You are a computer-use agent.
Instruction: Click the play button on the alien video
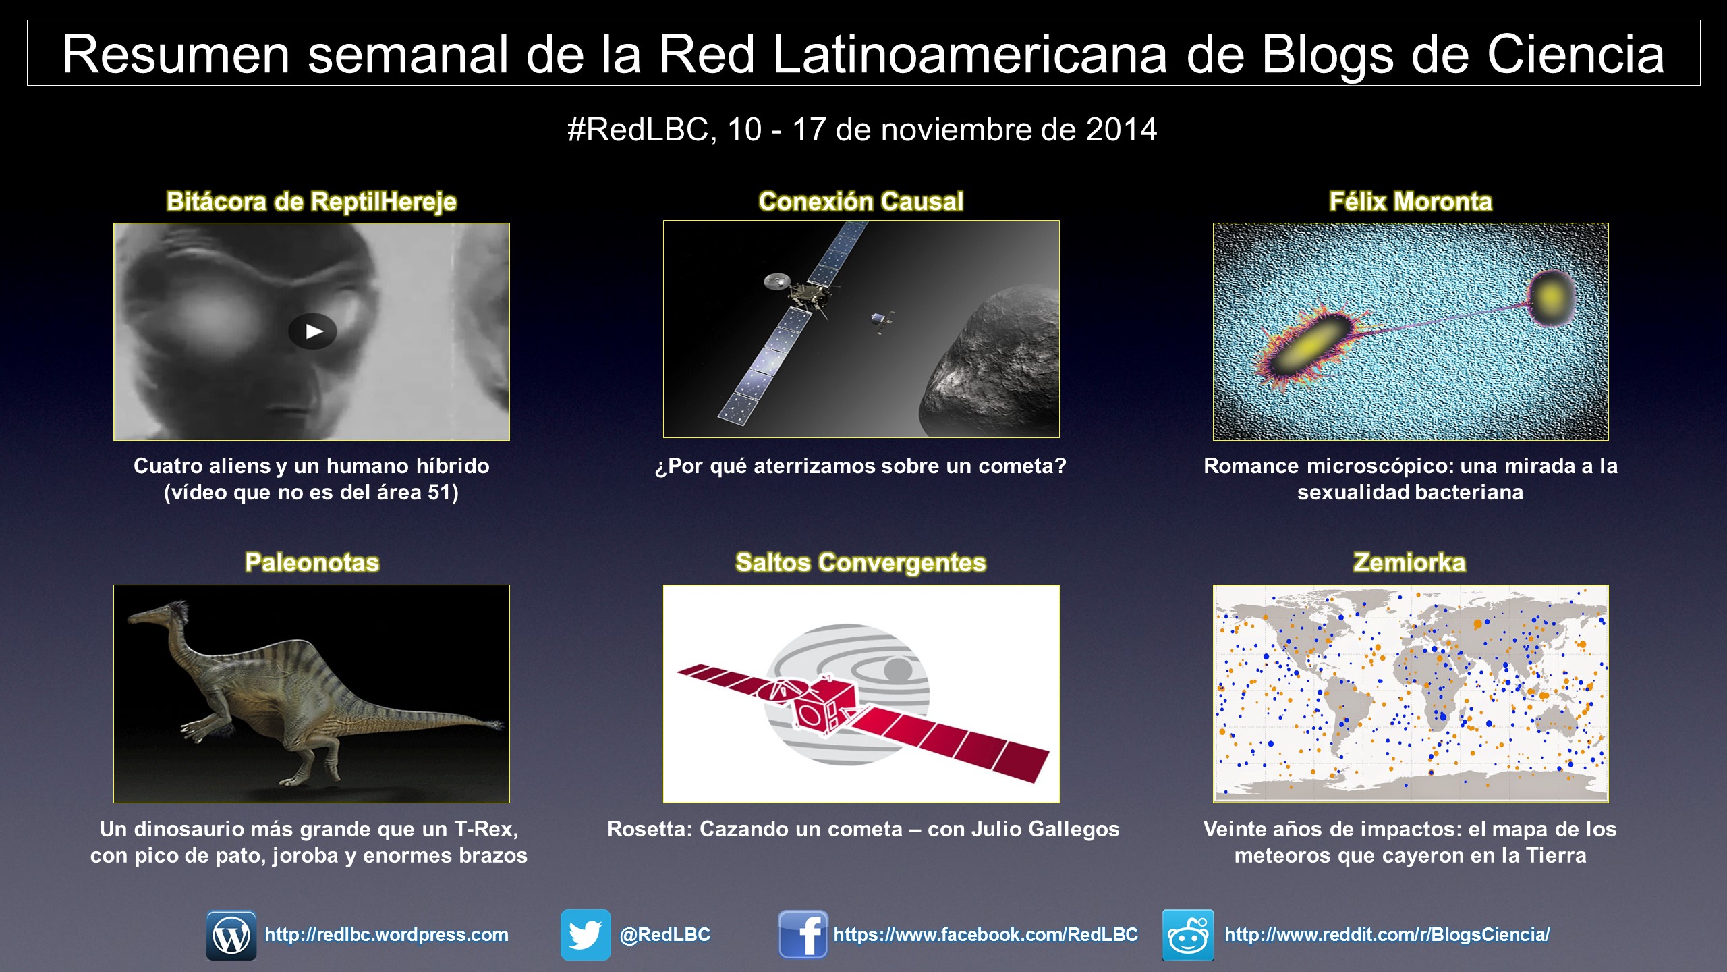point(312,331)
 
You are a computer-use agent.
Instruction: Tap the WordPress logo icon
point(231,935)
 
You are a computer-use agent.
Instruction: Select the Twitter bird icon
point(586,935)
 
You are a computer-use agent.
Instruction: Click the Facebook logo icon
point(803,935)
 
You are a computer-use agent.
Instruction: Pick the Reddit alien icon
point(1188,935)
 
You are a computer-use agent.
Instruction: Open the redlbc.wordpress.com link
point(387,935)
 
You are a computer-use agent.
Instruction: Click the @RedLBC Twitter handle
point(665,935)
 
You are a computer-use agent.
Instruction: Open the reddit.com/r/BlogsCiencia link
point(1387,935)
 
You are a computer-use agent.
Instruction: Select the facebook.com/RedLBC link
point(986,935)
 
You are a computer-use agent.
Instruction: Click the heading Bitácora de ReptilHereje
point(312,202)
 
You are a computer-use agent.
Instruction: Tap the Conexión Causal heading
point(861,202)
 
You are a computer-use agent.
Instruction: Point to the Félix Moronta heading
point(1411,202)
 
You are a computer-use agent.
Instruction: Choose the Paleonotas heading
point(312,563)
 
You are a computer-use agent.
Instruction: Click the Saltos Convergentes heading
point(861,563)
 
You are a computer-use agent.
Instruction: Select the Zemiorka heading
point(1410,563)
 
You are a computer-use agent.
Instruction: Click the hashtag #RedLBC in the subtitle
point(642,130)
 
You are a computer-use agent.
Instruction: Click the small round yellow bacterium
point(1552,296)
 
